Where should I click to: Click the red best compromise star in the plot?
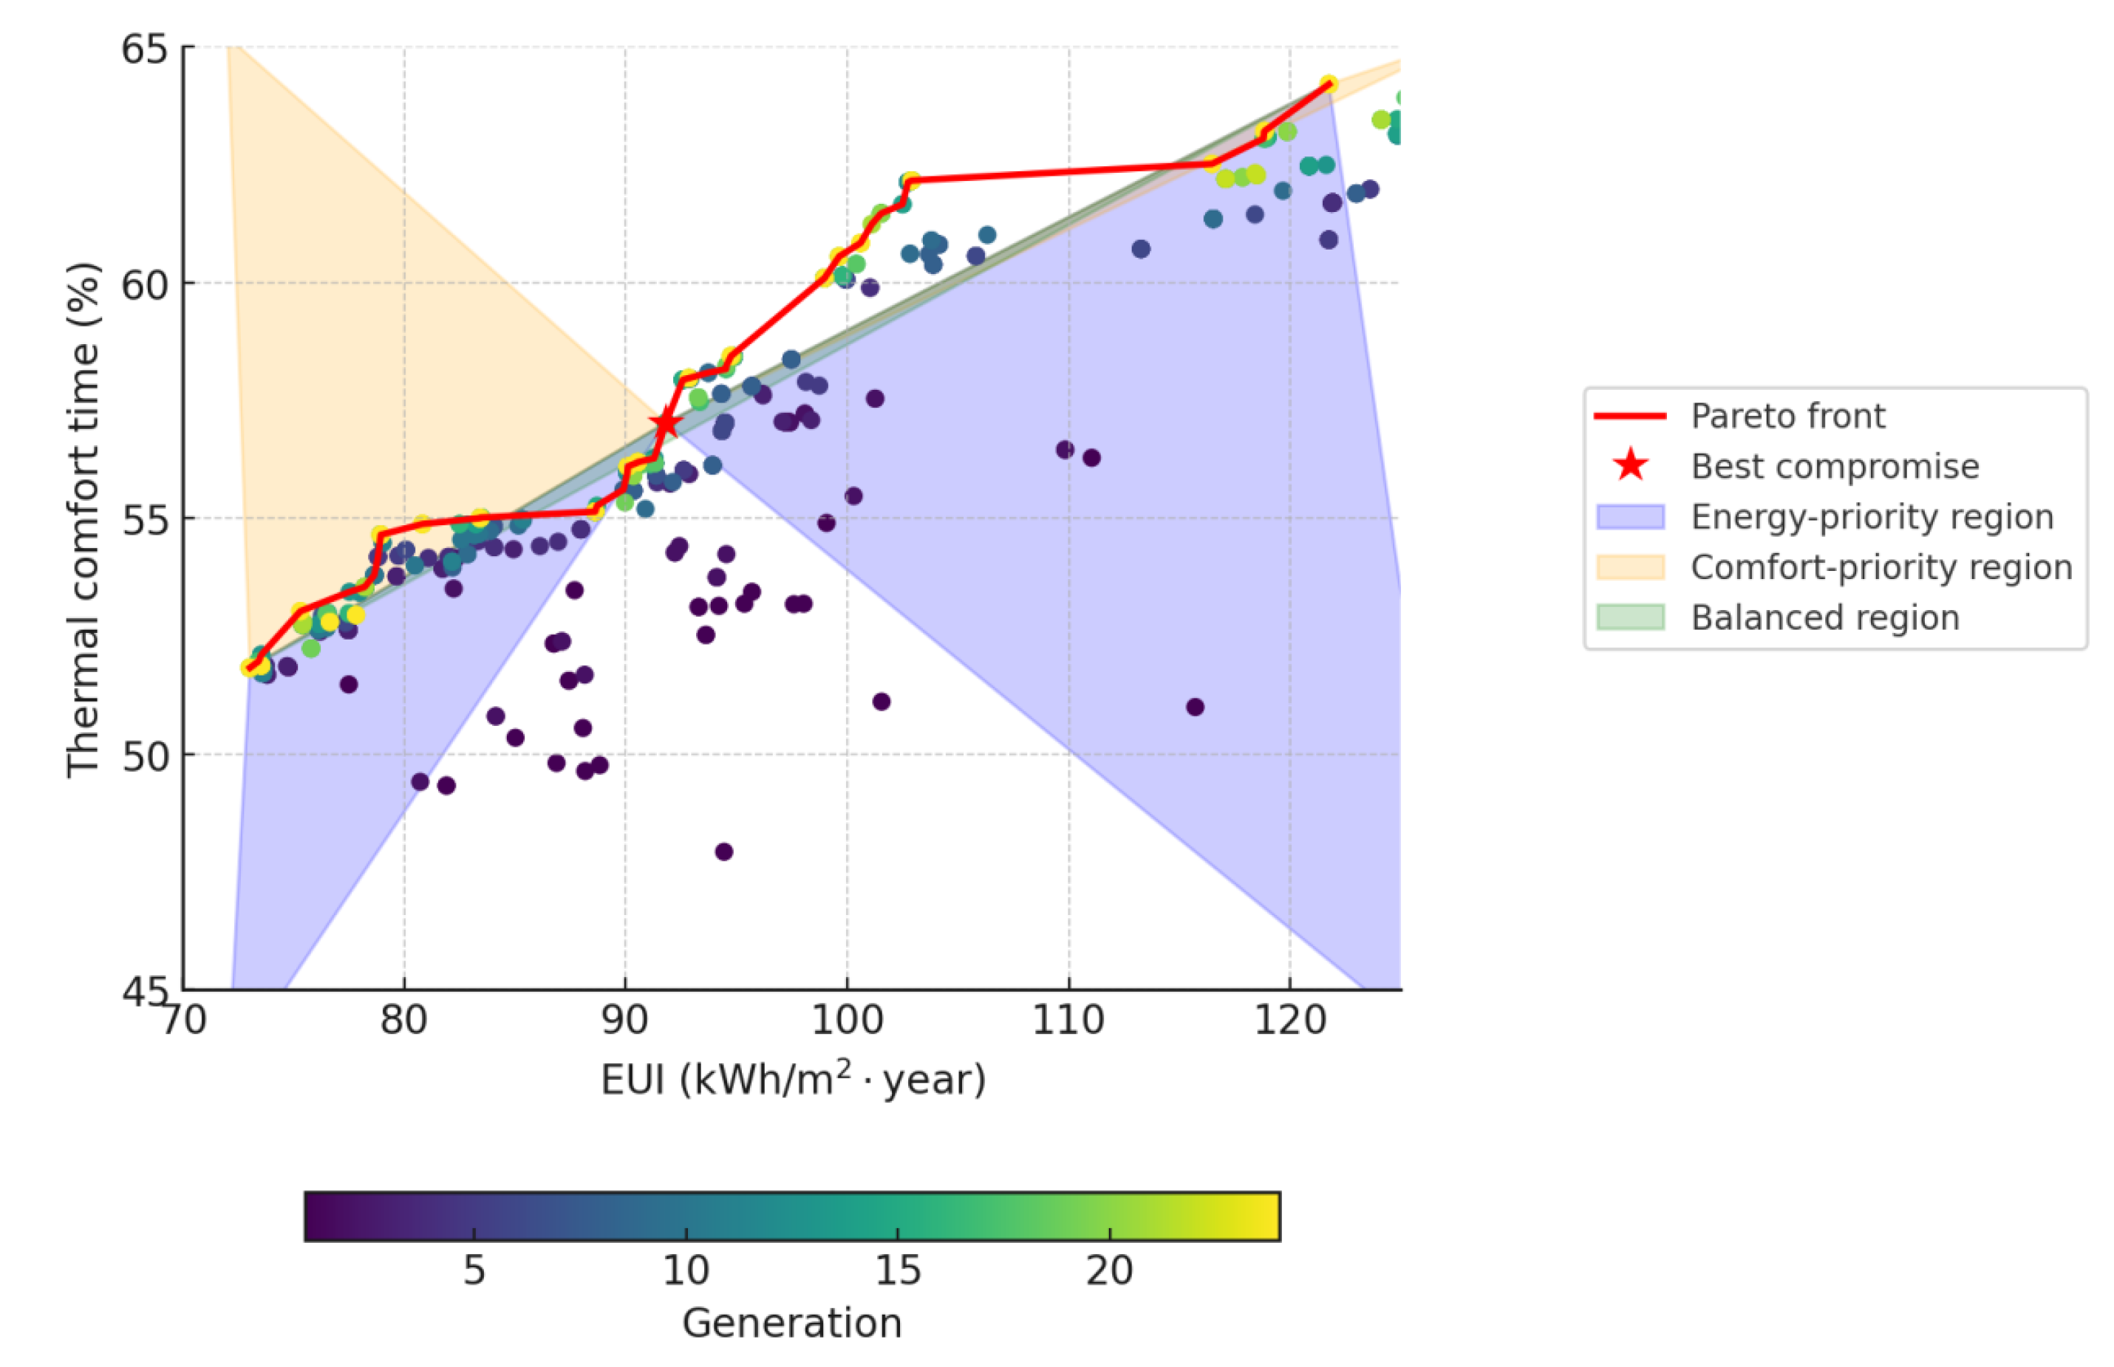click(665, 422)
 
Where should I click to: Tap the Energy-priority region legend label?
click(1871, 517)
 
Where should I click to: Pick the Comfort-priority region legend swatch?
click(1629, 566)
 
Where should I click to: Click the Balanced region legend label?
click(1824, 617)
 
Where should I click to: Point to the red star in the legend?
click(1630, 465)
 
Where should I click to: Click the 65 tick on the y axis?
click(145, 49)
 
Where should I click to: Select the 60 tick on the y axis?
click(145, 285)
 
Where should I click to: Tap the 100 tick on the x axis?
click(846, 1019)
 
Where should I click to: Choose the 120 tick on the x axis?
click(1289, 1019)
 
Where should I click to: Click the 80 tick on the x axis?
click(404, 1019)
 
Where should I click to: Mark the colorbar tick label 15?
click(897, 1270)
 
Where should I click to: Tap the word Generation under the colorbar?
click(791, 1323)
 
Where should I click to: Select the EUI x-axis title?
click(793, 1080)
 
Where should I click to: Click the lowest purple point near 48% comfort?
click(723, 852)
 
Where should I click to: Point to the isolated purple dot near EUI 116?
click(1195, 707)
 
